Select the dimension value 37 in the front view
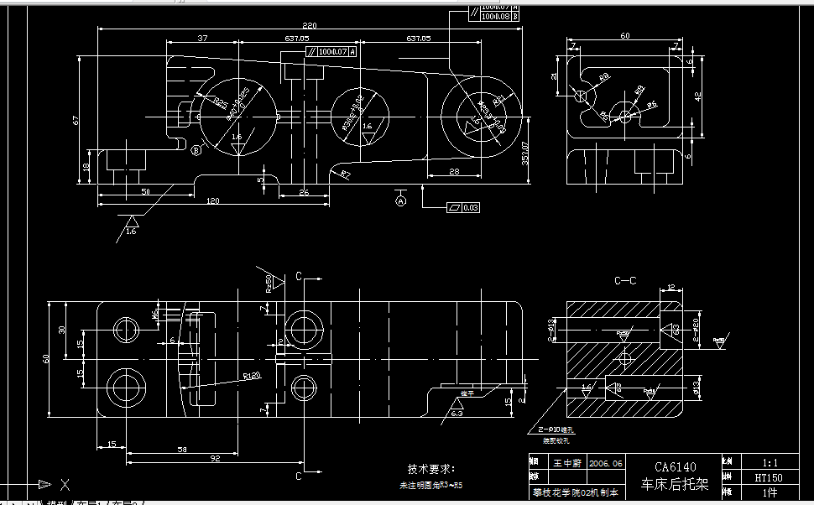202,39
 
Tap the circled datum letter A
400,200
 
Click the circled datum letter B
196,151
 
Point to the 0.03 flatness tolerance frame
465,206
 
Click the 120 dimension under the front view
212,201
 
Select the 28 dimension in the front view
453,171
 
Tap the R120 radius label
251,375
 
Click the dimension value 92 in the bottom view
214,459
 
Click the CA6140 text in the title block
675,467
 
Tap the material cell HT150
770,477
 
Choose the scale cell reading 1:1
770,462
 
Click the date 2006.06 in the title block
606,462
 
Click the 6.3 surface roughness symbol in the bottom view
457,413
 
